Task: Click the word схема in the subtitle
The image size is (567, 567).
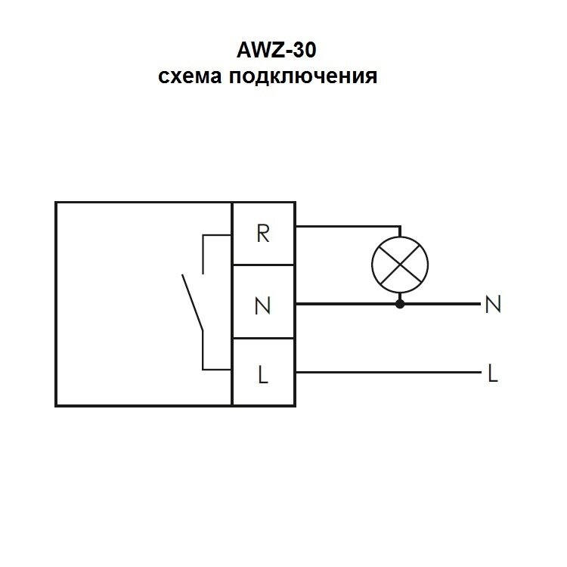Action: (188, 76)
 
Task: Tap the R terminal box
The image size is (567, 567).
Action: (263, 234)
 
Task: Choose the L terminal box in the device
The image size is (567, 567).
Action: (263, 373)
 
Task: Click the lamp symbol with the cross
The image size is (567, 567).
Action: (400, 263)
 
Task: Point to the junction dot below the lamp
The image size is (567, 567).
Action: (400, 304)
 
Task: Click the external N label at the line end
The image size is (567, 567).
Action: (493, 305)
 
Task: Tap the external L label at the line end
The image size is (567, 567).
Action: (493, 373)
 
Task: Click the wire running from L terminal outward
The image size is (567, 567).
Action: (386, 372)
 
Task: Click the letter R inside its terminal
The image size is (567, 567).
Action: (263, 234)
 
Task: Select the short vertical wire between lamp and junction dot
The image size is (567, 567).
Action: (400, 296)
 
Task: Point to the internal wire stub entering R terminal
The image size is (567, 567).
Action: (218, 237)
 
